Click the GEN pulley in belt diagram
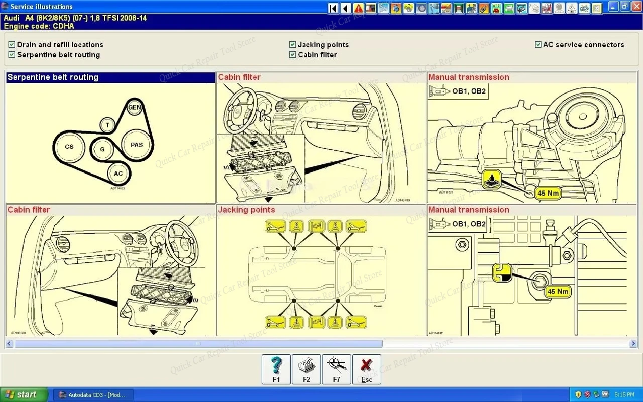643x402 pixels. click(x=134, y=107)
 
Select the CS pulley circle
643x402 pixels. click(x=69, y=147)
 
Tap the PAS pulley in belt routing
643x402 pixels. click(x=137, y=145)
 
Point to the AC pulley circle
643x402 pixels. click(x=118, y=174)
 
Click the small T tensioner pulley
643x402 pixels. click(x=107, y=125)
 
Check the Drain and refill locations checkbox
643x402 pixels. click(x=12, y=45)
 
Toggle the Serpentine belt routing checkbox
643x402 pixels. click(x=12, y=55)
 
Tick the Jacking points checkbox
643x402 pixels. click(x=292, y=45)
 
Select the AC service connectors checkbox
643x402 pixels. click(x=538, y=45)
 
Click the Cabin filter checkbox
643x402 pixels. click(x=292, y=55)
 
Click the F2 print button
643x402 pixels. click(x=306, y=369)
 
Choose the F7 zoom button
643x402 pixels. click(x=337, y=369)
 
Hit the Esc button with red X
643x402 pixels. click(x=367, y=369)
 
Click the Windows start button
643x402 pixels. click(x=24, y=394)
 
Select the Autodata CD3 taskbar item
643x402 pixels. click(x=93, y=394)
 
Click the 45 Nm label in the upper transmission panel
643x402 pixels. click(x=548, y=193)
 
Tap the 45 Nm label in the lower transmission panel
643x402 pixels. click(x=558, y=291)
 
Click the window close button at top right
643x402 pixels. click(x=635, y=7)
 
